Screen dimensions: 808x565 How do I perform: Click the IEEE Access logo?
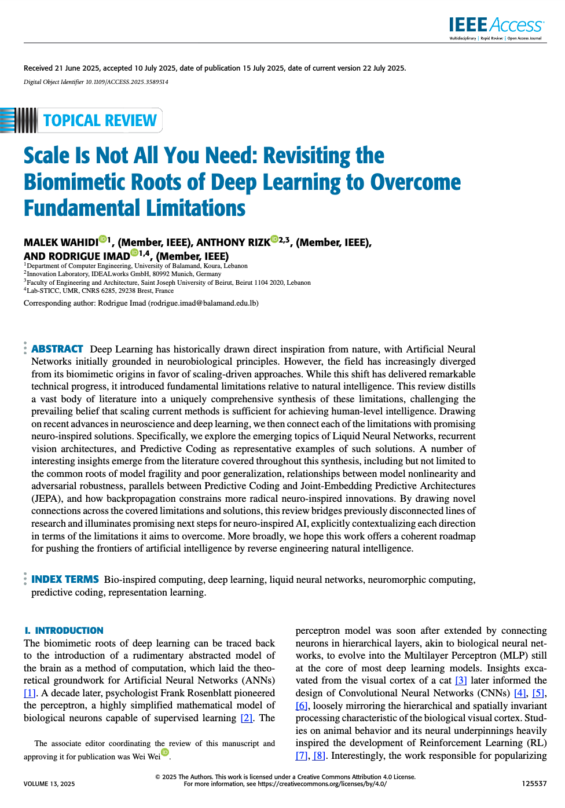[x=496, y=27]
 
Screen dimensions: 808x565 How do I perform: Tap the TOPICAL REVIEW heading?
[x=100, y=120]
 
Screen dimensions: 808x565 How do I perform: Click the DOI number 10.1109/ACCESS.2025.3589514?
[x=127, y=82]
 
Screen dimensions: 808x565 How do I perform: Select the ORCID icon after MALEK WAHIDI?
[x=102, y=239]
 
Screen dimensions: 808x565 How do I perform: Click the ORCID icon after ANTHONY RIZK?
[x=274, y=239]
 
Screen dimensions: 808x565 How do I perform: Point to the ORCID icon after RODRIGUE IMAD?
[x=134, y=253]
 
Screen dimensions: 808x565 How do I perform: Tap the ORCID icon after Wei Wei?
[x=165, y=752]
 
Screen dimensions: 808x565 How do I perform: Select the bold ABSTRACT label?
[x=57, y=349]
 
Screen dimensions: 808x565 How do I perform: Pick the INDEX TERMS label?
[x=65, y=579]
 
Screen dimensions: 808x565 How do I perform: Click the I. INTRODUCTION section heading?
[x=64, y=631]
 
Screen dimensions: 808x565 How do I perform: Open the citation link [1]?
[x=30, y=693]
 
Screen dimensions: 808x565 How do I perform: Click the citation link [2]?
[x=247, y=718]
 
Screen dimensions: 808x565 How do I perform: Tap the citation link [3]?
[x=461, y=681]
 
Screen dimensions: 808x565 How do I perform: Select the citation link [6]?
[x=301, y=706]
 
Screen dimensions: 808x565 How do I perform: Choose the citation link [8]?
[x=318, y=756]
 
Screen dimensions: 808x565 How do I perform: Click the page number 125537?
[x=534, y=784]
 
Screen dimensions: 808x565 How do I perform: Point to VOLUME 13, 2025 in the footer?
[x=49, y=784]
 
